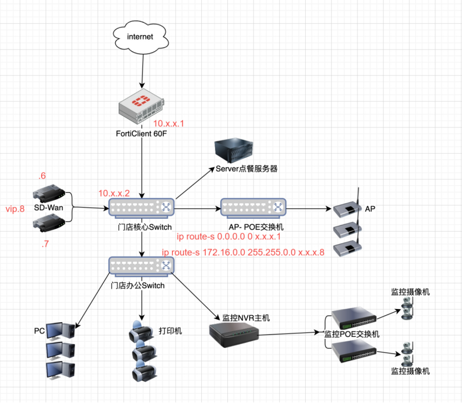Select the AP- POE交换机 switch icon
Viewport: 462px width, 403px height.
[253, 208]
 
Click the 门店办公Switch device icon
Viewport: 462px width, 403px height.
[141, 266]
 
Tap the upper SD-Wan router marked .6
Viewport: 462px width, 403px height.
[49, 195]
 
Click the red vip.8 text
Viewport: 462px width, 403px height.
[15, 209]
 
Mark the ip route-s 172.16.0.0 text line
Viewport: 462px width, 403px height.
[243, 252]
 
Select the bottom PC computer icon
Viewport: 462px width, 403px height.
[60, 371]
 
